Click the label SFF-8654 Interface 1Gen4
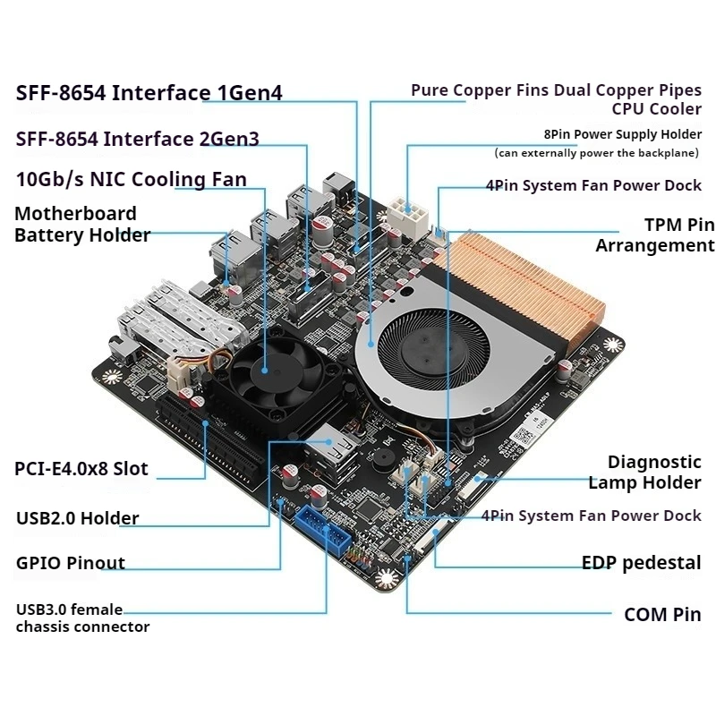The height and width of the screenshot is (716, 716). [149, 93]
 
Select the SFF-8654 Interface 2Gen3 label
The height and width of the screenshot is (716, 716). [138, 139]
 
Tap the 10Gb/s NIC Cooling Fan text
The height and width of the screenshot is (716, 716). [132, 179]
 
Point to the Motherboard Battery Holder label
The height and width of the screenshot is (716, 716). [81, 225]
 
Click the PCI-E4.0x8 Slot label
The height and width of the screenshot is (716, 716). [81, 469]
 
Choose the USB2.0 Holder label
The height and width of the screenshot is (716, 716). [78, 518]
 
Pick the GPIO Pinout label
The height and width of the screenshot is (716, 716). [71, 564]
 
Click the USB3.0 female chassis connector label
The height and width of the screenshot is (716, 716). [82, 618]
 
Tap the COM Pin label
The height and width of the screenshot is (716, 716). [662, 615]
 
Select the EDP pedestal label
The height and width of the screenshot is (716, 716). [641, 563]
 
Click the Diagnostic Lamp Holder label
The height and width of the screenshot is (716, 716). [644, 473]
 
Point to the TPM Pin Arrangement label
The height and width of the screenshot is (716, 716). [655, 235]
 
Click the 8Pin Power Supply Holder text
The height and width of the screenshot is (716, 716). [622, 134]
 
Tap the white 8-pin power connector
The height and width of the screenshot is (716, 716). [408, 212]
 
